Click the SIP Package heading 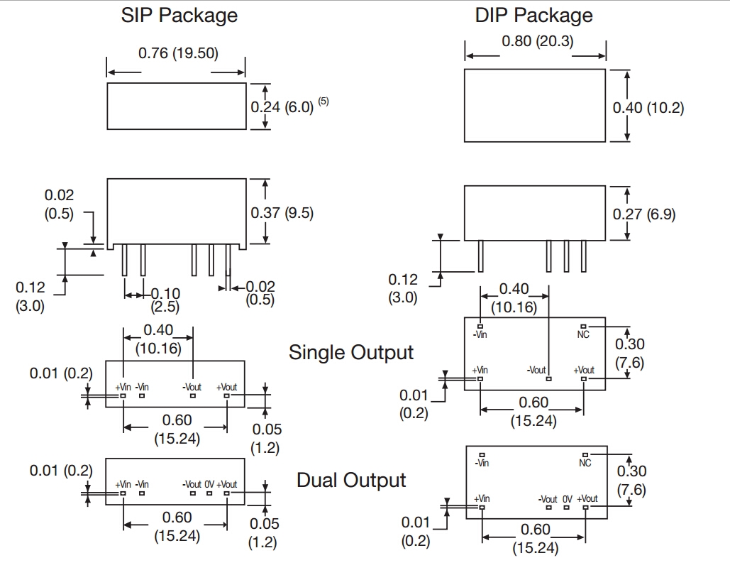(x=179, y=16)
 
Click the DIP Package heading (x=533, y=16)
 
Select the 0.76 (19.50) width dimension (x=177, y=53)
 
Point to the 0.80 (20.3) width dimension (x=537, y=41)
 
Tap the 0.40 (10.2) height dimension (x=648, y=107)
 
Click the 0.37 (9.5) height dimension (x=282, y=212)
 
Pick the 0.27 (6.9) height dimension (x=643, y=214)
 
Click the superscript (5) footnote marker (x=323, y=102)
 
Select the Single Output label (x=351, y=352)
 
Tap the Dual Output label (x=351, y=480)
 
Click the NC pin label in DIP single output (x=584, y=334)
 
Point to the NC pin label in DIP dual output (x=585, y=463)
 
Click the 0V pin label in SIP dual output (x=209, y=484)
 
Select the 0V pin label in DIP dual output (x=567, y=499)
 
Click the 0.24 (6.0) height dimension (x=282, y=107)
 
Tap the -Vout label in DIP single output (x=536, y=371)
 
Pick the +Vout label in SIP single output (x=227, y=387)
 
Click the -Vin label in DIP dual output (x=482, y=463)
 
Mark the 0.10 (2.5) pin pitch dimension (x=165, y=300)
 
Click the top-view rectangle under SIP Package (x=176, y=106)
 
